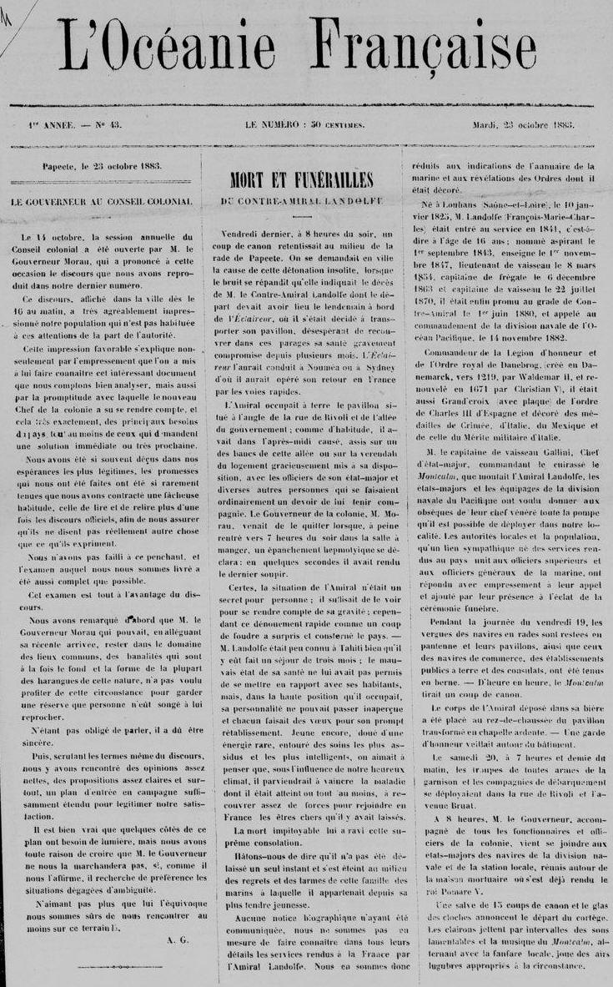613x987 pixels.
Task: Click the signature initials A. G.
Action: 178,940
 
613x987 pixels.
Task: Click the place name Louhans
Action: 462,204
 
